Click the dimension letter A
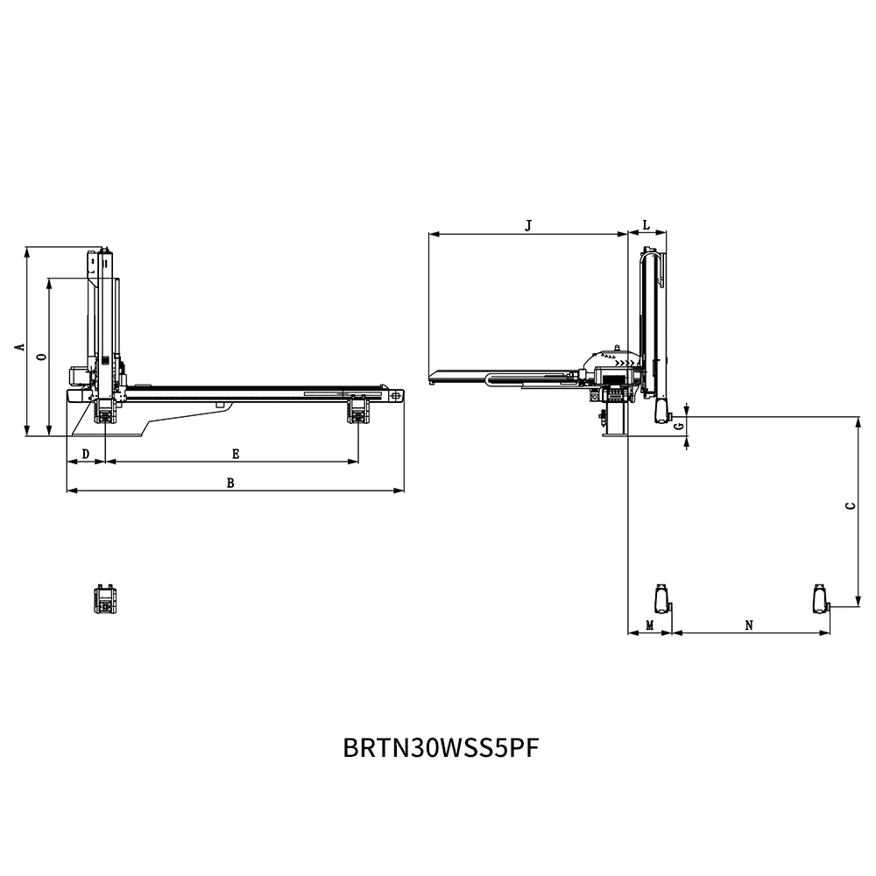tap(18, 347)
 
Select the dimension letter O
tap(41, 357)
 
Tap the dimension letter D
tap(85, 454)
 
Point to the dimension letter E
tap(236, 454)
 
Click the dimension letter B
tap(230, 483)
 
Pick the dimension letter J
tap(527, 225)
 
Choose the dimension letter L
tap(646, 225)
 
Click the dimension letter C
tap(849, 507)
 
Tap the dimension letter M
tap(649, 625)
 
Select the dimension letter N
tap(749, 625)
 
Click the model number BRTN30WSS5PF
tap(441, 749)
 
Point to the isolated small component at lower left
tap(106, 601)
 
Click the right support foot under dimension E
tap(357, 410)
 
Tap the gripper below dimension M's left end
tap(662, 598)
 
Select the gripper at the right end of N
tap(820, 598)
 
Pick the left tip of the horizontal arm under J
tap(433, 378)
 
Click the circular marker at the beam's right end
tap(398, 396)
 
